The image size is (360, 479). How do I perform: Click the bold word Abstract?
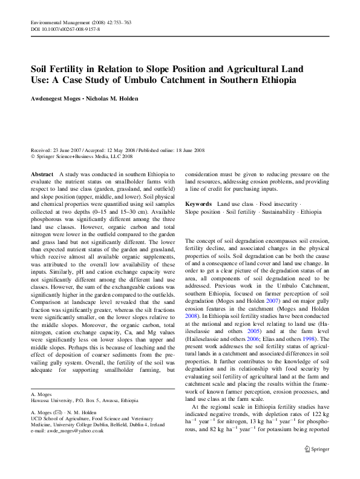[x=42, y=174]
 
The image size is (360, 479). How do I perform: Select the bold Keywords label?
[x=198, y=204]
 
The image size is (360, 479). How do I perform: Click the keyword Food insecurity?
[x=279, y=204]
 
